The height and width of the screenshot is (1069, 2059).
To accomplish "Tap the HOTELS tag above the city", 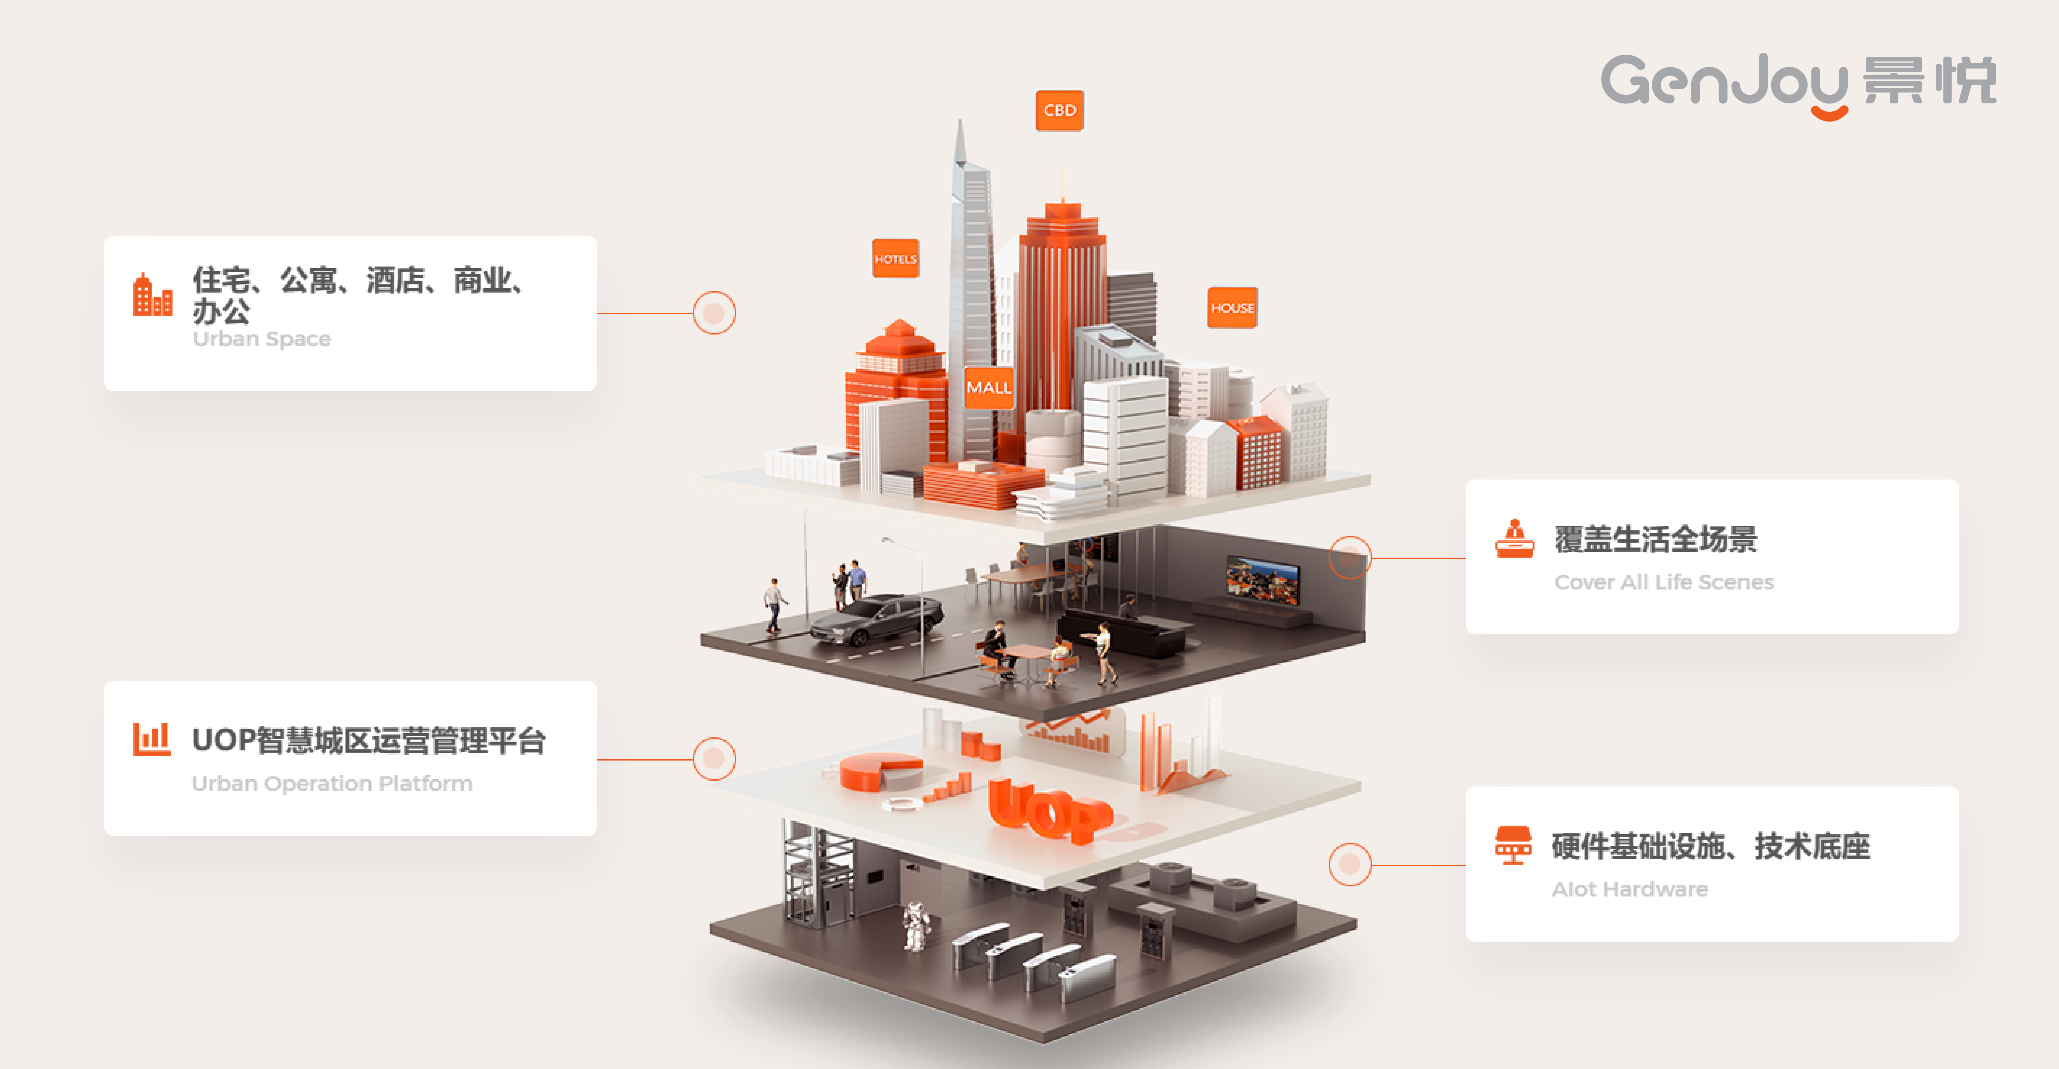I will pyautogui.click(x=895, y=259).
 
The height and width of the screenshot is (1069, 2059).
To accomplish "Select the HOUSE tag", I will pyautogui.click(x=1232, y=308).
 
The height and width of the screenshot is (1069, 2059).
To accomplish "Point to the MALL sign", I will pyautogui.click(x=989, y=387).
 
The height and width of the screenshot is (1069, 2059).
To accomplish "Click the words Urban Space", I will pyautogui.click(x=262, y=339).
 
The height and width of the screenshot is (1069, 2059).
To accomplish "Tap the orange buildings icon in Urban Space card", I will pyautogui.click(x=152, y=295).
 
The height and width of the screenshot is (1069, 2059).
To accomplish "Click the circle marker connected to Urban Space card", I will pyautogui.click(x=714, y=313).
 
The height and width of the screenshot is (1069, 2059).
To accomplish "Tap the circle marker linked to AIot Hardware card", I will pyautogui.click(x=1349, y=864).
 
